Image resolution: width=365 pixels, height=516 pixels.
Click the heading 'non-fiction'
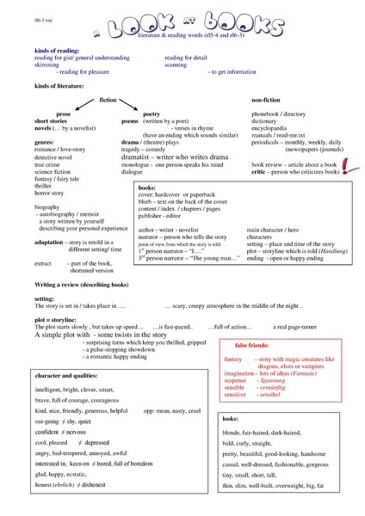coord(267,101)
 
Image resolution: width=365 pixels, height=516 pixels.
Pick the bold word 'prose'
coord(64,114)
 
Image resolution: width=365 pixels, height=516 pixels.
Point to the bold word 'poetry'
coord(152,114)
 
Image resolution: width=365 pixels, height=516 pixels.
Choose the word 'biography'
coord(46,207)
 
